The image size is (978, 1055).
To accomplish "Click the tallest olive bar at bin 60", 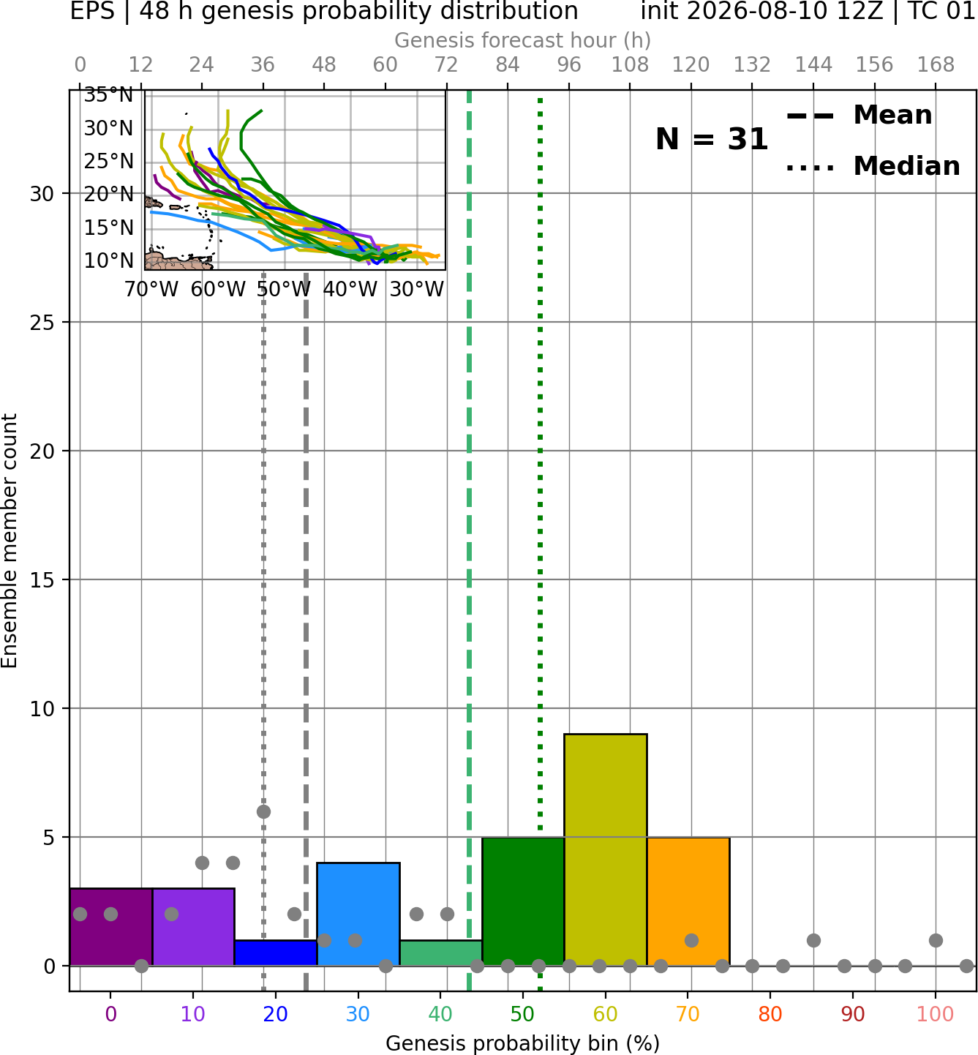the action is [x=605, y=849].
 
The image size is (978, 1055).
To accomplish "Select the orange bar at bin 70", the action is [x=688, y=901].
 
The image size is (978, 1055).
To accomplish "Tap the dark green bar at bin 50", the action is [x=523, y=901].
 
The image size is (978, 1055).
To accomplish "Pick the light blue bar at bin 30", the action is [x=358, y=914].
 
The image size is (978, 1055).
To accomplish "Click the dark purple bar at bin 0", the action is [x=110, y=926].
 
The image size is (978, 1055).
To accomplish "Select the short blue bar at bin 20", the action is [x=276, y=953].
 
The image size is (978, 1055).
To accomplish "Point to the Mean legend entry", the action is [x=859, y=116].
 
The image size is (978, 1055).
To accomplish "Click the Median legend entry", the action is [x=873, y=166].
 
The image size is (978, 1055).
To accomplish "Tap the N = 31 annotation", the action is [x=711, y=139].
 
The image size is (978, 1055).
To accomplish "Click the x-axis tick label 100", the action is [x=935, y=1014].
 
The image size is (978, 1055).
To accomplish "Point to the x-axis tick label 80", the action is [x=770, y=1014].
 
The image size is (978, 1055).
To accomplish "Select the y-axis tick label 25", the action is [x=42, y=323].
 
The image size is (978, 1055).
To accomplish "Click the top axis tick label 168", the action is [x=936, y=65].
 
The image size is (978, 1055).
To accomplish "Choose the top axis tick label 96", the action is [x=569, y=65].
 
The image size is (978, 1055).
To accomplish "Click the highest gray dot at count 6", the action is [x=263, y=811].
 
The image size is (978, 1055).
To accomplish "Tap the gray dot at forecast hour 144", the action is [x=813, y=940].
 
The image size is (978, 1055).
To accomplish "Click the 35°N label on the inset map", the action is [x=108, y=95].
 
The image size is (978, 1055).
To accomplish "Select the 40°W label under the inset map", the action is [x=350, y=290].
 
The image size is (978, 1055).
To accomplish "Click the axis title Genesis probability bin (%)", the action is [x=523, y=1043].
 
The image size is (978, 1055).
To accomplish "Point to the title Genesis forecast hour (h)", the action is [x=523, y=40].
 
